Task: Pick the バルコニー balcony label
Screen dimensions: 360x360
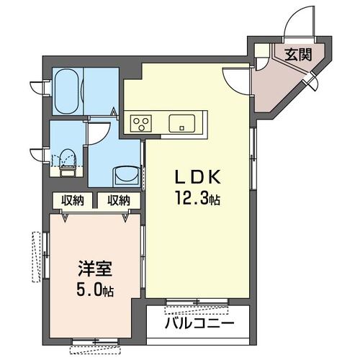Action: (199, 323)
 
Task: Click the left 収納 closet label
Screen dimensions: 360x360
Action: (71, 199)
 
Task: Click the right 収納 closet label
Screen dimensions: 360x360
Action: (119, 199)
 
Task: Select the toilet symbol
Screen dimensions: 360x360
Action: (67, 160)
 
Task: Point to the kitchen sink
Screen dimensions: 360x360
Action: (182, 122)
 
